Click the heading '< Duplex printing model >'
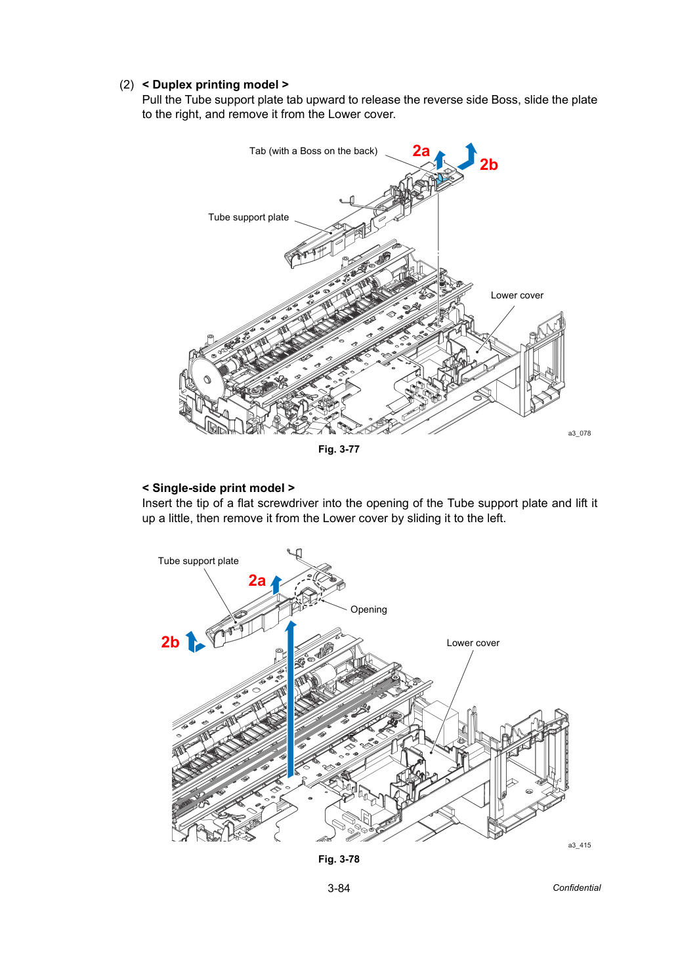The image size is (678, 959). tap(215, 85)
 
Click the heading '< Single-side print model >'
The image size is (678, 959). tap(218, 488)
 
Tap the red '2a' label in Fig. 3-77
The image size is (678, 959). tap(421, 151)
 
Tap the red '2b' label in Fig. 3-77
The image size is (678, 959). tap(489, 165)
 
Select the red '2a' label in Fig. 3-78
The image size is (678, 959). tap(257, 581)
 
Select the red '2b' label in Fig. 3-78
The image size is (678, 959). tap(170, 642)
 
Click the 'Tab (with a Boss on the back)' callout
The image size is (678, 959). tap(313, 151)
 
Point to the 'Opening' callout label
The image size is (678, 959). tap(368, 609)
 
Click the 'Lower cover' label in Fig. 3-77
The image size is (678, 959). tap(517, 295)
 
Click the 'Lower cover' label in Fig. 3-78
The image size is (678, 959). tap(473, 643)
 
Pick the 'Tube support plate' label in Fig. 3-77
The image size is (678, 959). tap(248, 218)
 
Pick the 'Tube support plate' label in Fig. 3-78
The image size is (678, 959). tap(198, 561)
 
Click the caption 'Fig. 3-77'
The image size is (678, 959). tap(339, 449)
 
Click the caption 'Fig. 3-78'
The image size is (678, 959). tap(339, 859)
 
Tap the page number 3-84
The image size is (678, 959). tap(339, 888)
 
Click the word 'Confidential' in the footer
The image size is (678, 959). tap(576, 888)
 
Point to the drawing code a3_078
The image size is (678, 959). tap(579, 434)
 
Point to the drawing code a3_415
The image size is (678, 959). tap(579, 845)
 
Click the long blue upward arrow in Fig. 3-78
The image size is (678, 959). tap(291, 699)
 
